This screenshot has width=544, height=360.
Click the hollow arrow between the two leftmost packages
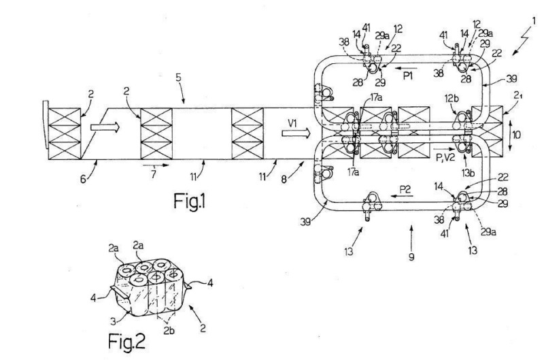point(105,127)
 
